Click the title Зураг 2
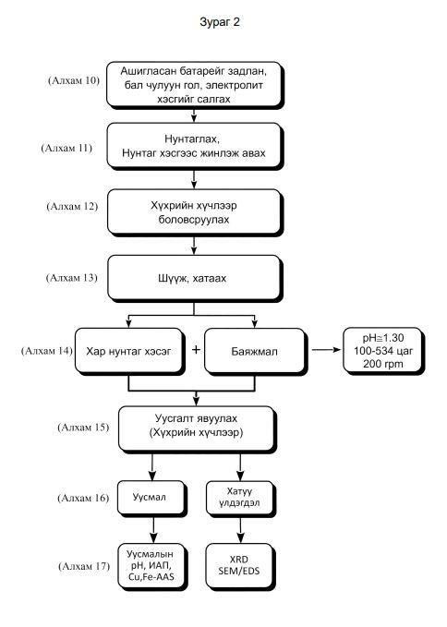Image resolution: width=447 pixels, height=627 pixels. pyautogui.click(x=220, y=21)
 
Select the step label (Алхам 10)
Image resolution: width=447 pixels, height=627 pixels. pyautogui.click(x=74, y=80)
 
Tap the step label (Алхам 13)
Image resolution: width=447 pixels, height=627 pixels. pyautogui.click(x=71, y=278)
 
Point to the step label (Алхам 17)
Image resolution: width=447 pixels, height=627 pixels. pyautogui.click(x=84, y=566)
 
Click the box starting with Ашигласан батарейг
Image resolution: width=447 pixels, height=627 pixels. pyautogui.click(x=195, y=85)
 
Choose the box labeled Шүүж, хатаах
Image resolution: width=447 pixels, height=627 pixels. pyautogui.click(x=194, y=278)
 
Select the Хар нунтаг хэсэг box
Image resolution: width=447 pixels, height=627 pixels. pyautogui.click(x=129, y=352)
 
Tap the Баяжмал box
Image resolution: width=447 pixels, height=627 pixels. pyautogui.click(x=256, y=352)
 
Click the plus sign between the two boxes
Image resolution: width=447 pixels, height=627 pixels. pyautogui.click(x=196, y=350)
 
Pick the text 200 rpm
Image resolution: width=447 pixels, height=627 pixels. pyautogui.click(x=383, y=364)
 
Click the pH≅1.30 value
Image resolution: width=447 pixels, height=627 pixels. pyautogui.click(x=383, y=338)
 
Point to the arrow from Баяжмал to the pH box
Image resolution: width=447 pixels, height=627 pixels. pyautogui.click(x=326, y=350)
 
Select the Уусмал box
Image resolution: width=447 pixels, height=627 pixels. pyautogui.click(x=152, y=498)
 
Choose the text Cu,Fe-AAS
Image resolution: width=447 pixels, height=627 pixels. pyautogui.click(x=151, y=576)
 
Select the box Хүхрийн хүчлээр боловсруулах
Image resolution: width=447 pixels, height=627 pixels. pyautogui.click(x=195, y=212)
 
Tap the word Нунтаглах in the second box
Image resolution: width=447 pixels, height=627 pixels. pyautogui.click(x=192, y=139)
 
